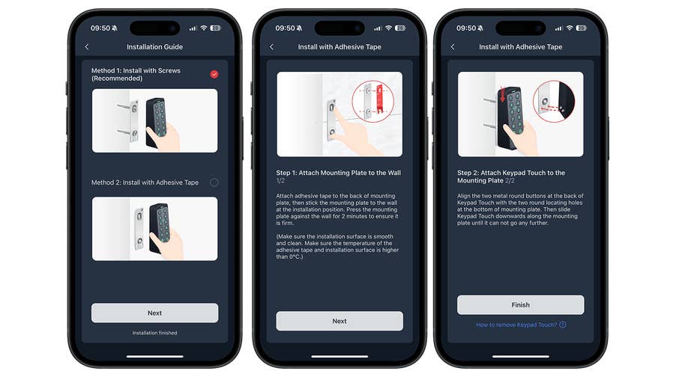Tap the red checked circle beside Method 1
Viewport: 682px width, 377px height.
click(x=214, y=74)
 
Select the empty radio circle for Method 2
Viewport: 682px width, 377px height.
click(x=214, y=182)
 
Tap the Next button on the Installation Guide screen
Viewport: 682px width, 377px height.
click(x=154, y=313)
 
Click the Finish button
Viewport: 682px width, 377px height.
click(x=520, y=304)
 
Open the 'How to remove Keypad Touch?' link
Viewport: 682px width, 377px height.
click(x=516, y=325)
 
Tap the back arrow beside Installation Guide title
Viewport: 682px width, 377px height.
click(x=87, y=47)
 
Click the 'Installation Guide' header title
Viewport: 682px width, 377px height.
click(x=154, y=47)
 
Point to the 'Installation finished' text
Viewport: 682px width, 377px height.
click(x=154, y=333)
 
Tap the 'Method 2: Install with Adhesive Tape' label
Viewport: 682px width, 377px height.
click(x=145, y=183)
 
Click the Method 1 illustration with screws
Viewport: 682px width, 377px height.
click(x=154, y=120)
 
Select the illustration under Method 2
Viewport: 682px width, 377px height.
click(x=154, y=228)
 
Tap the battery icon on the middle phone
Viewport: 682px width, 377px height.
click(x=400, y=28)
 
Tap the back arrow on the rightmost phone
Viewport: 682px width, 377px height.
click(x=453, y=47)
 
